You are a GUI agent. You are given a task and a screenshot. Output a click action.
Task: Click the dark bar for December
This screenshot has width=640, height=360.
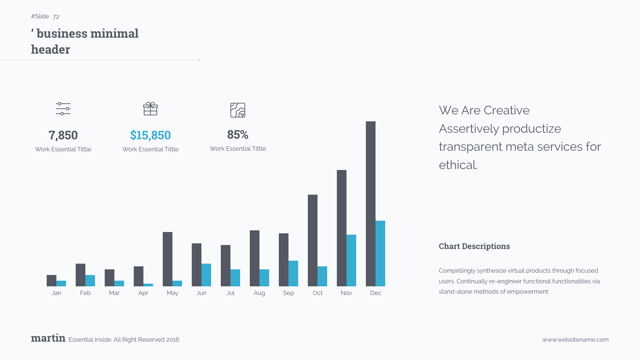point(371,203)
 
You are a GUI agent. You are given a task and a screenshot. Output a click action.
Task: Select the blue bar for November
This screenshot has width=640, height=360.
point(351,260)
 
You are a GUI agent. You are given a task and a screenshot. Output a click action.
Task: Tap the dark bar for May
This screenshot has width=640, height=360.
point(167,259)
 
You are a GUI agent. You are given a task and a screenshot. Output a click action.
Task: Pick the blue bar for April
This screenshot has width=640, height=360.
point(148,285)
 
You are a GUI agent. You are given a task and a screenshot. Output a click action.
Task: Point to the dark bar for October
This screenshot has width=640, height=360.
point(312,240)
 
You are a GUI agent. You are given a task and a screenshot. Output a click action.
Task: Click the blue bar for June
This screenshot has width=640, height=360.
point(206,275)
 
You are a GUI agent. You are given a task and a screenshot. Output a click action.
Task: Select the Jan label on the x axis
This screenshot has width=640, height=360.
point(56,293)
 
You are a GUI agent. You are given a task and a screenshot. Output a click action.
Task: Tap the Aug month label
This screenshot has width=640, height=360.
point(259,293)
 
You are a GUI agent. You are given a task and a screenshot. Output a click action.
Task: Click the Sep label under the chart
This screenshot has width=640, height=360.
point(288,293)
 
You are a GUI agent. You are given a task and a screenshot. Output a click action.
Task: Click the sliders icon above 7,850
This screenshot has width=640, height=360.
point(63,109)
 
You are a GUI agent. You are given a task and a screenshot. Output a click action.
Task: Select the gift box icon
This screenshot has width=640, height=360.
point(150,109)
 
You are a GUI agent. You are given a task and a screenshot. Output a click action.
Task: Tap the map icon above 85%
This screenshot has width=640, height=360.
point(238,110)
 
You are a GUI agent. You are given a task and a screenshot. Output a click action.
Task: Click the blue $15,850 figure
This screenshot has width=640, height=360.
point(150,135)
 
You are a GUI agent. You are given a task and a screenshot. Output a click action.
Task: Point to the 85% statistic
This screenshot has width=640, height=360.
point(238,135)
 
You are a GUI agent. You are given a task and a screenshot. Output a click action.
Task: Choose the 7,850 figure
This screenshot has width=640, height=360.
point(63,135)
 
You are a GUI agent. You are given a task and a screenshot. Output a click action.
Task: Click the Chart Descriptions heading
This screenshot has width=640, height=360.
point(474,246)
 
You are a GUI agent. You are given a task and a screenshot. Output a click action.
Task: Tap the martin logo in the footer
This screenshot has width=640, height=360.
point(48,338)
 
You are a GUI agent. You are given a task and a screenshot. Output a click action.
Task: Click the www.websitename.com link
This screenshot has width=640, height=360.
point(575,340)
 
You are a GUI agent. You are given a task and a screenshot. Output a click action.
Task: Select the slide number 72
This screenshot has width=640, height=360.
point(56,17)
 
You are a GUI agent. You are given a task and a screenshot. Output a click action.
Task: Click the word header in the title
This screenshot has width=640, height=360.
point(50,50)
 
